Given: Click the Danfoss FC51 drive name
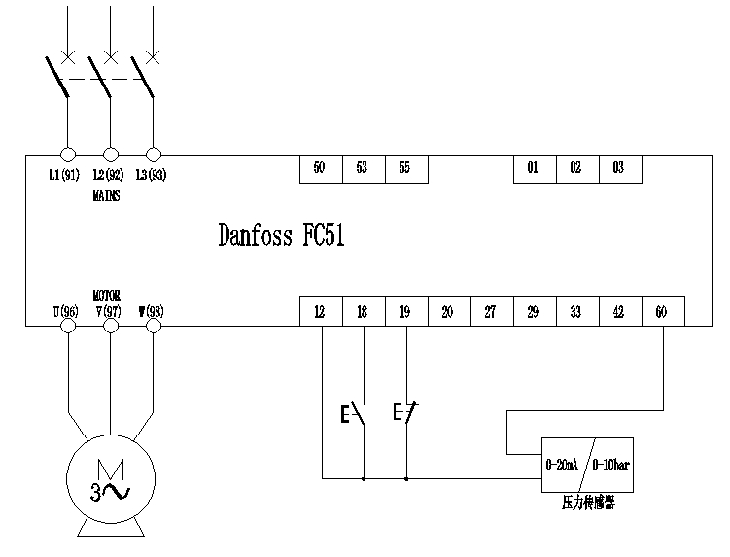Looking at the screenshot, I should click(281, 236).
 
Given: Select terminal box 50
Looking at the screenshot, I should click(320, 168).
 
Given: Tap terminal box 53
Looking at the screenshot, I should click(363, 168).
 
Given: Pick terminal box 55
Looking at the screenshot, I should click(405, 168).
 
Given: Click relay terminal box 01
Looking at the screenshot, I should click(534, 168).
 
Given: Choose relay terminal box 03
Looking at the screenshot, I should click(619, 168).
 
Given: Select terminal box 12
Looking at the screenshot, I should click(320, 311).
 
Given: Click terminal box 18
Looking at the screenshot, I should click(363, 311).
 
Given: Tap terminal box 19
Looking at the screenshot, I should click(405, 311).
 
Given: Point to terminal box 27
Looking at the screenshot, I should click(491, 311).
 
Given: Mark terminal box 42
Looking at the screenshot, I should click(619, 311).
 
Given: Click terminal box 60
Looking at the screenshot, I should click(662, 311).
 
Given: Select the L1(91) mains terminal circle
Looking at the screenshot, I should click(68, 155).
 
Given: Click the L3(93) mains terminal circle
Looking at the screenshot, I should click(153, 155).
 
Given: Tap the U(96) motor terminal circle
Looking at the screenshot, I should click(68, 326).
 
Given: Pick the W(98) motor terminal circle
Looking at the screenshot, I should click(153, 326).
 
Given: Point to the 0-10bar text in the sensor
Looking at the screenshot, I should click(611, 464).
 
